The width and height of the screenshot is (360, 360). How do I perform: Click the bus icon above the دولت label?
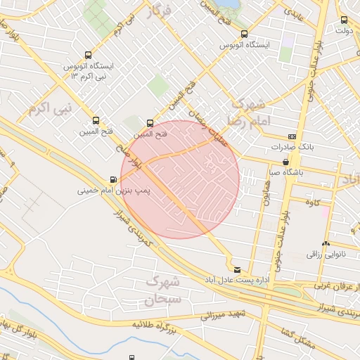(344, 20)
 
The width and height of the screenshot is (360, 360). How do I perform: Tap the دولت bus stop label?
(343, 30)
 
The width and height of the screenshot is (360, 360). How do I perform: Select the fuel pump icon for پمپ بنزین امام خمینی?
(114, 179)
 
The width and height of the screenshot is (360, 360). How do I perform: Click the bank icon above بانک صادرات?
(292, 136)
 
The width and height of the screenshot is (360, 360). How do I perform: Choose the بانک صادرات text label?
(292, 148)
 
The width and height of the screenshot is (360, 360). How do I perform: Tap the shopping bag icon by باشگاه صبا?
(285, 161)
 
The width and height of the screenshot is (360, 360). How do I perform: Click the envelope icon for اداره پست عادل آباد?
(237, 269)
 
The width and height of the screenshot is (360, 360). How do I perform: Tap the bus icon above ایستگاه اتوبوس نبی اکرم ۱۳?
(88, 54)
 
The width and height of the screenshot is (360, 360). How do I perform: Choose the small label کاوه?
(313, 203)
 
